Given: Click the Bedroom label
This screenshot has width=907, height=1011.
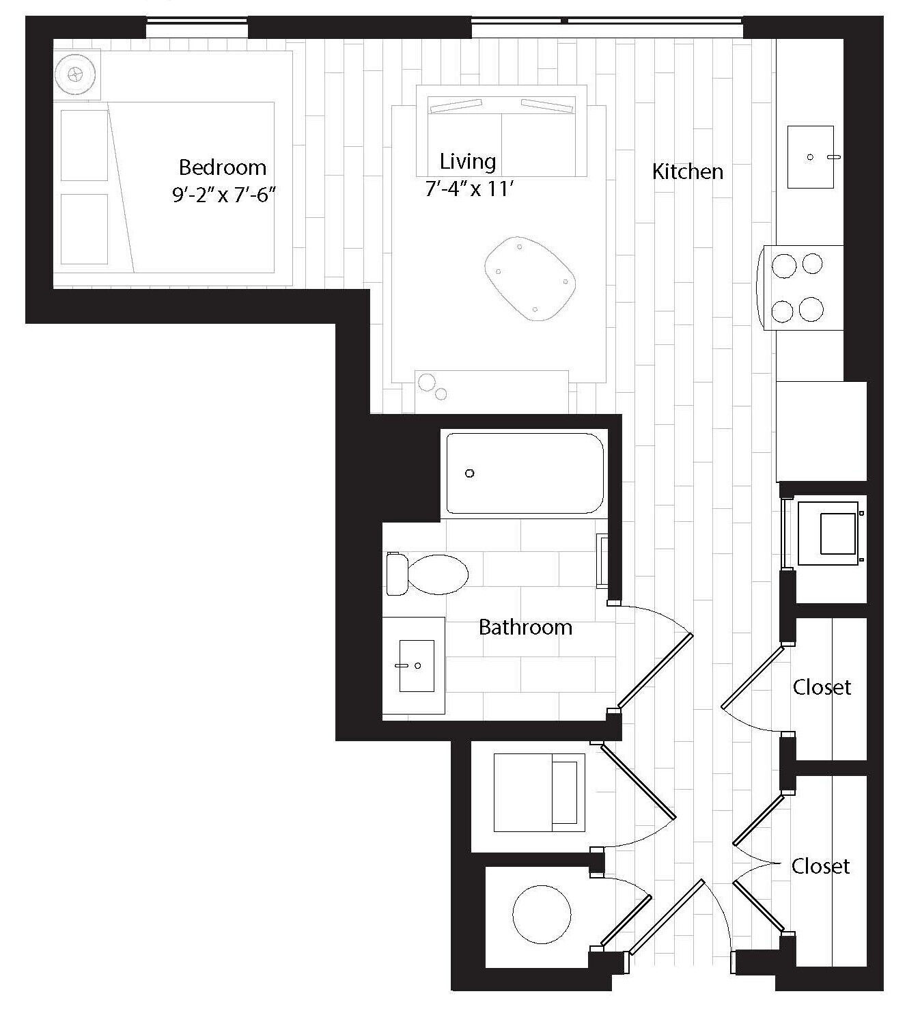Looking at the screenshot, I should coord(222,167).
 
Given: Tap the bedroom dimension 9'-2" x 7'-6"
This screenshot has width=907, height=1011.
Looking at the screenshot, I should coord(223,195).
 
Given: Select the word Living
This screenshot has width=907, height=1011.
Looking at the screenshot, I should coord(468,162).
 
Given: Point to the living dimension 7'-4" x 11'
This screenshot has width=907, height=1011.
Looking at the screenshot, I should coord(469,189).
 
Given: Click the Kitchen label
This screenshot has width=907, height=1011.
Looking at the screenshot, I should coord(687,171).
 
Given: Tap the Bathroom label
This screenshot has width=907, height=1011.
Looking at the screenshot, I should coord(525,627).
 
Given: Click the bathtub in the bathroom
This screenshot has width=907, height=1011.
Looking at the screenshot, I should coord(525,473).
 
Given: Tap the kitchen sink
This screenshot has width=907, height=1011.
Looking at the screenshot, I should coord(810,156).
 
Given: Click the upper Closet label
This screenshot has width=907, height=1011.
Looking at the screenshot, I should coord(822,687).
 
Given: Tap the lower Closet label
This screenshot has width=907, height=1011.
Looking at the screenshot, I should coord(820,866).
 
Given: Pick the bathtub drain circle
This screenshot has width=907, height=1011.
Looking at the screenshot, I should coord(469,473).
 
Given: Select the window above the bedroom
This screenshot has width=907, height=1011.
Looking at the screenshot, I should coord(197,29).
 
